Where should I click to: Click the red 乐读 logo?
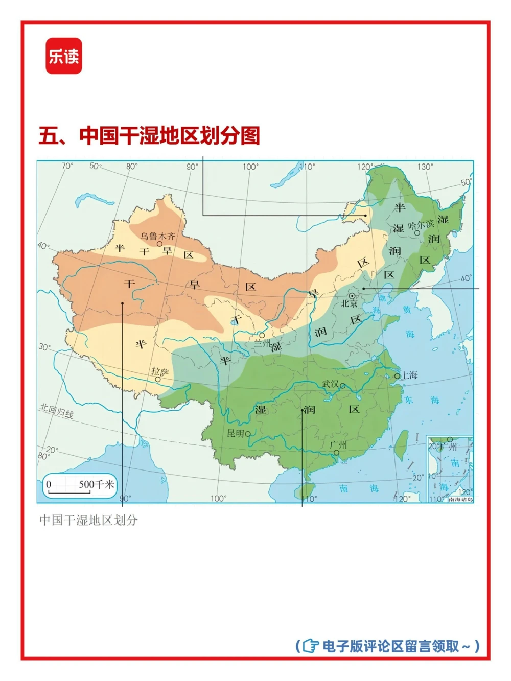64,56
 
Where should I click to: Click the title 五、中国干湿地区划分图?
149,136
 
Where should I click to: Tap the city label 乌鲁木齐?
158,236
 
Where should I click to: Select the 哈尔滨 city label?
421,224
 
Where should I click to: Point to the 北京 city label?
350,303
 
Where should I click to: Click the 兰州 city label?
263,343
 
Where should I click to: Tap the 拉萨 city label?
159,372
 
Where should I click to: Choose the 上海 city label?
409,375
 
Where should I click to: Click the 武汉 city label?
330,384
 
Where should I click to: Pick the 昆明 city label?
236,433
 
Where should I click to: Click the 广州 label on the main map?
338,444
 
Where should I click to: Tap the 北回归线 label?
57,411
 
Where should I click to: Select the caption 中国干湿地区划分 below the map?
88,520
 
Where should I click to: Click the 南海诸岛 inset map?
450,469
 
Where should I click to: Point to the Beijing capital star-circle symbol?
352,296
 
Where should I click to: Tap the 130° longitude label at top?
425,167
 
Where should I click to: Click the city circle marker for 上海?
397,376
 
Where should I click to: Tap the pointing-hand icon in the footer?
310,646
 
